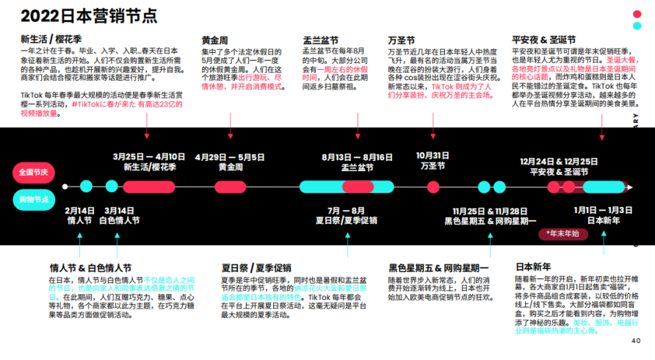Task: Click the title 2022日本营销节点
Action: coord(89,16)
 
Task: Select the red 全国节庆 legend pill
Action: coord(33,173)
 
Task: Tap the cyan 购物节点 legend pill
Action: coord(33,200)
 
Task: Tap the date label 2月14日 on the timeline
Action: coord(79,210)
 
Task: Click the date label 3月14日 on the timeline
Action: coord(120,210)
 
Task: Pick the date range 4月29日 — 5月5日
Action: coord(230,156)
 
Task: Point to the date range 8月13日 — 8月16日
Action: coord(358,156)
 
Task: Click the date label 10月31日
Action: coord(433,156)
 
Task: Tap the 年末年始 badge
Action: coord(562,234)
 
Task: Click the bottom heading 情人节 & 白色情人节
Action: coord(90,268)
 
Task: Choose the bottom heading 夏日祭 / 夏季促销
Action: coord(256,268)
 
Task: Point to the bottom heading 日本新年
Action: coord(534,267)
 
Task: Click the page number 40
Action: coord(636,340)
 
